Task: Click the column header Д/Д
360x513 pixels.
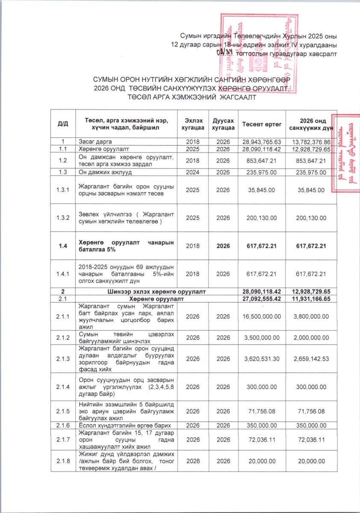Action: pyautogui.click(x=62, y=124)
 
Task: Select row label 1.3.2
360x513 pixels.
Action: pyautogui.click(x=62, y=218)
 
